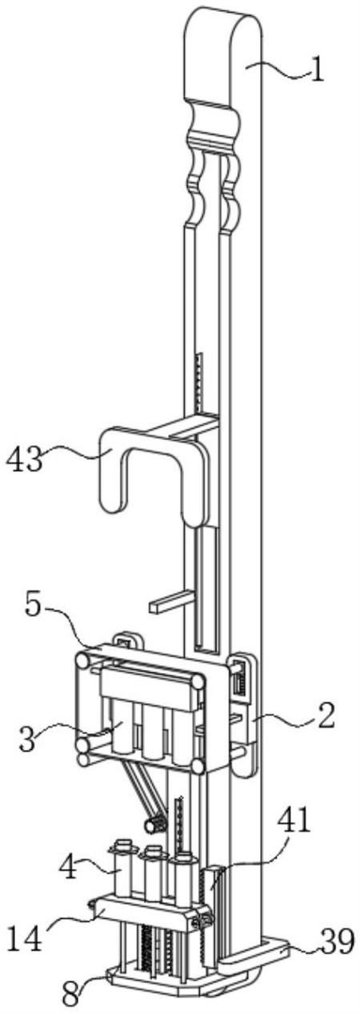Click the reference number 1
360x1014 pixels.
click(318, 70)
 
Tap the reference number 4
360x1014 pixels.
click(69, 868)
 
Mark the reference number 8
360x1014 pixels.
click(71, 996)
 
